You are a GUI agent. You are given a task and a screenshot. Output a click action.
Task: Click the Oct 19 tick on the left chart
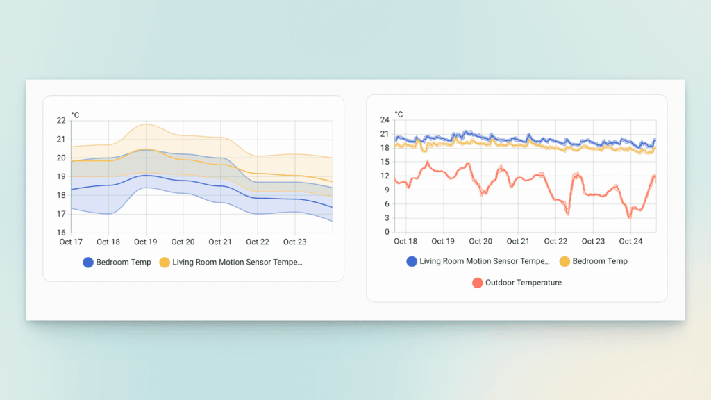point(145,242)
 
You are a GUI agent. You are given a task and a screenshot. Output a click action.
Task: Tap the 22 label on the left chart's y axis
point(61,121)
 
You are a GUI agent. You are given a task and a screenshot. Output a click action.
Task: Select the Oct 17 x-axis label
point(71,242)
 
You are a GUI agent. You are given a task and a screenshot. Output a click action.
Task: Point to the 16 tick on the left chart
point(61,233)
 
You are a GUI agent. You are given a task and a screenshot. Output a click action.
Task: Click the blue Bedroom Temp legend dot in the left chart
point(88,262)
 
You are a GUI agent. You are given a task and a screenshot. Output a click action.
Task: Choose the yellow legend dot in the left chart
point(165,262)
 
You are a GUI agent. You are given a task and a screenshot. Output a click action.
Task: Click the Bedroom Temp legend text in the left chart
point(123,262)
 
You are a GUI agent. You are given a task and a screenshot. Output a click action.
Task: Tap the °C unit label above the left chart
point(75,115)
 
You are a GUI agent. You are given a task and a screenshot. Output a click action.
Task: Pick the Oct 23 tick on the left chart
point(294,242)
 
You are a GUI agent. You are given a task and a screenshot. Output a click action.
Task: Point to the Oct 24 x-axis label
point(630,242)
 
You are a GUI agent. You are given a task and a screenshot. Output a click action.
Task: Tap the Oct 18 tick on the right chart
point(405,242)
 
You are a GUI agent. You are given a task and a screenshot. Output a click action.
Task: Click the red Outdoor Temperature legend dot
point(477,283)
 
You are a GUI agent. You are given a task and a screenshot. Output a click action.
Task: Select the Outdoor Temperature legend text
point(524,283)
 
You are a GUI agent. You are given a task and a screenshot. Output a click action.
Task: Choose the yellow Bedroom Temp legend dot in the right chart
point(564,261)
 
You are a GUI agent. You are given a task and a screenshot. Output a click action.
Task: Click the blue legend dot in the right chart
point(412,261)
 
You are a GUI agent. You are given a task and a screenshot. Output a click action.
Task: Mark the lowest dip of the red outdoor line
point(630,217)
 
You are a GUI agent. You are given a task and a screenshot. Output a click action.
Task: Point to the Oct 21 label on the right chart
point(518,242)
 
